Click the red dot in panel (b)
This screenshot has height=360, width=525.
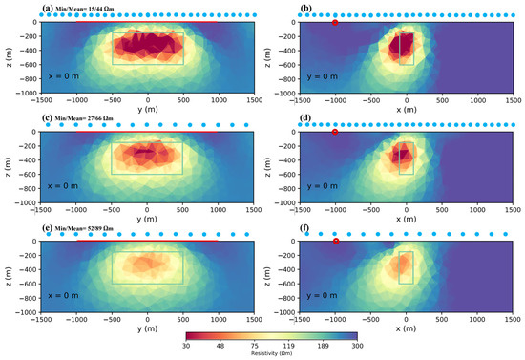(334, 22)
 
